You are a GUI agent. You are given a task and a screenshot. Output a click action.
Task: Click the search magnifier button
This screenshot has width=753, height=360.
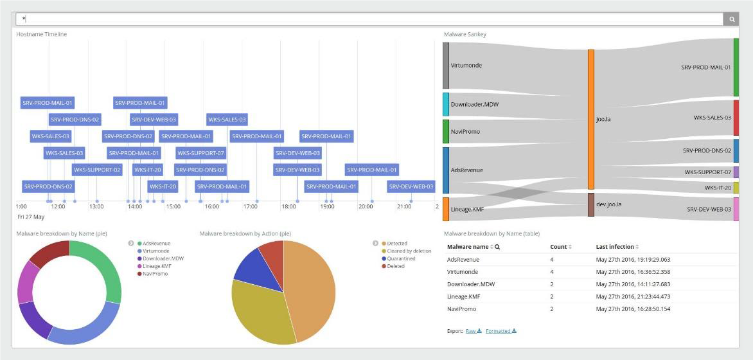(x=732, y=19)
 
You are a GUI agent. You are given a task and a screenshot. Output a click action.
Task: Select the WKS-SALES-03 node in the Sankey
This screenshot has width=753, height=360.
(x=736, y=118)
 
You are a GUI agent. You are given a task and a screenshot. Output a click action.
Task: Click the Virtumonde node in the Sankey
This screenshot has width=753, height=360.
(x=446, y=66)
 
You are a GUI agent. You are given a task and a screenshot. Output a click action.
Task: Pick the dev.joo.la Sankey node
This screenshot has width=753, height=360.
(x=590, y=204)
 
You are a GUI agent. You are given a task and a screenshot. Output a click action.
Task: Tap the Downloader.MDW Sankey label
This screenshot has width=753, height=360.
(x=475, y=104)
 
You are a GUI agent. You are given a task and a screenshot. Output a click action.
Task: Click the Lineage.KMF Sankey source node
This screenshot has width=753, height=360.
(x=446, y=209)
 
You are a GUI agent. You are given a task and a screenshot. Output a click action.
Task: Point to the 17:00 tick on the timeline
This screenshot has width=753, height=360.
(x=250, y=206)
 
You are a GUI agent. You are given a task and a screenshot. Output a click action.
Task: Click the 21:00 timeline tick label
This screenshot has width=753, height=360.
(x=404, y=206)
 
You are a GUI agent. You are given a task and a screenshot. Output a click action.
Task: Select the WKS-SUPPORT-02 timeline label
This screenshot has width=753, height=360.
(x=97, y=170)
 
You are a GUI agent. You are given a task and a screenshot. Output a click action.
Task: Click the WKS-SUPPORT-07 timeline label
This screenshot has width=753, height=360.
(x=200, y=153)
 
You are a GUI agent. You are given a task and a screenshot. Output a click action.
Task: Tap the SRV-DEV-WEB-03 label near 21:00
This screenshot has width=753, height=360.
(x=411, y=186)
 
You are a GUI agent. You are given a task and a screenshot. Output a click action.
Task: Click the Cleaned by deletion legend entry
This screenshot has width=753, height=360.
(x=409, y=251)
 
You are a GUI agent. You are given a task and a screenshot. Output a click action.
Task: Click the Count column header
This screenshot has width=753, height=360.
(x=558, y=247)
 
